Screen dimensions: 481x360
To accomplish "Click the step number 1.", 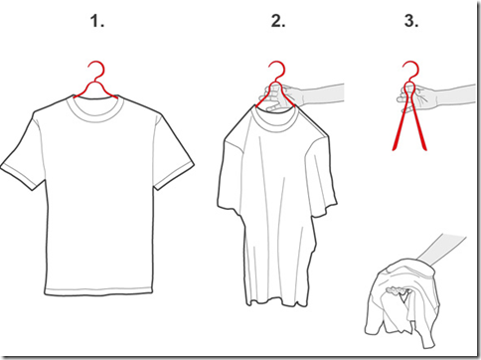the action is coord(97,21).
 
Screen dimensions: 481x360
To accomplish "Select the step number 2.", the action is coord(278,21).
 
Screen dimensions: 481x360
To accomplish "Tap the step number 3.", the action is coord(411,21).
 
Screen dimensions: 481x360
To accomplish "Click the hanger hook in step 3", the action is coord(410,69).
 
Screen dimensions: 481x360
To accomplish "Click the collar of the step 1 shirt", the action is coord(95,107).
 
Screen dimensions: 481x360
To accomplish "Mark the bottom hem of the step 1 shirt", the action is coord(99,291).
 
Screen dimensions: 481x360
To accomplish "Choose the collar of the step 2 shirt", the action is coord(275,119).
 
